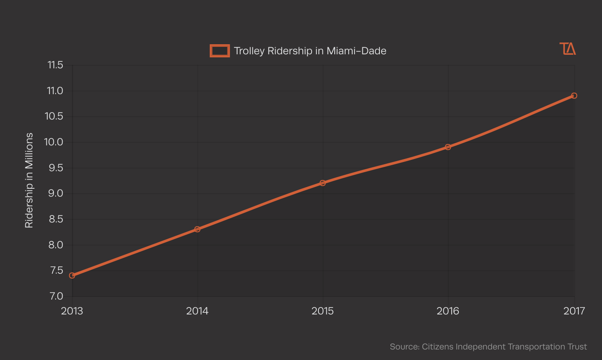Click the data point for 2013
point(72,275)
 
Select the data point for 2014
point(198,229)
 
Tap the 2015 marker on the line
point(323,183)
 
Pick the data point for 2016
point(448,147)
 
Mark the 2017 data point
point(574,95)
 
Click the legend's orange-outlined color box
point(220,51)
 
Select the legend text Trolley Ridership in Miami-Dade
point(310,51)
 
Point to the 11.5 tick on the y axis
point(55,65)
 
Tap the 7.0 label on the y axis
point(56,296)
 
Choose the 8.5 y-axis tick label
point(56,219)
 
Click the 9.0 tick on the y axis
point(56,194)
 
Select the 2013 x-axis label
point(72,311)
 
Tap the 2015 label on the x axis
point(323,311)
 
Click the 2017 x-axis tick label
point(574,311)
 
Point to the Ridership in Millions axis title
point(29,180)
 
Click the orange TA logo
point(568,49)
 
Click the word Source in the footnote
point(404,347)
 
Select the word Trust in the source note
point(577,347)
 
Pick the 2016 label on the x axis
point(448,311)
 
